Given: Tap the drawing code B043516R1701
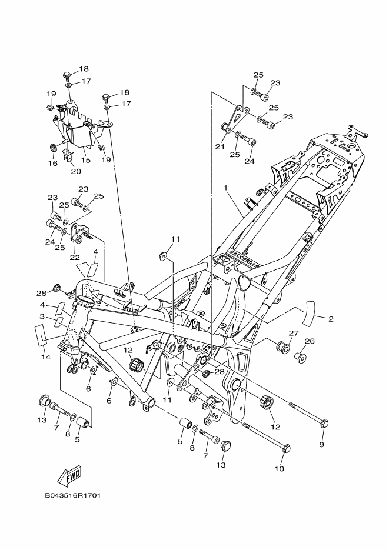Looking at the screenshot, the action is point(72,496).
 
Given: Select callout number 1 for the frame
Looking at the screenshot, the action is point(226,188).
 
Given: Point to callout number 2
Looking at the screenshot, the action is point(330,319).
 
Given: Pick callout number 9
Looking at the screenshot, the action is point(322,445).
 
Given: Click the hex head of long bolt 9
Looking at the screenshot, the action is point(324,424).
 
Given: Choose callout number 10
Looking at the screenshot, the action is point(279,468).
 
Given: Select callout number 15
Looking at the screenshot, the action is point(85,160).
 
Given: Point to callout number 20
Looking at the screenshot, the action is point(76,171).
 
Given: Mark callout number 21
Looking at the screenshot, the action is point(220,146).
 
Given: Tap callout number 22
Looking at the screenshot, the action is point(75,256).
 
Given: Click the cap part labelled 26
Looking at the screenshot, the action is point(301,358).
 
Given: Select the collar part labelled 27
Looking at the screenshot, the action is point(282,347).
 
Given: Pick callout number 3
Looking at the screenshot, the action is point(42,316).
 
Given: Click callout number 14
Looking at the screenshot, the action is point(45,356).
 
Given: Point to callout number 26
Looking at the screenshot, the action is point(310,341).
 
